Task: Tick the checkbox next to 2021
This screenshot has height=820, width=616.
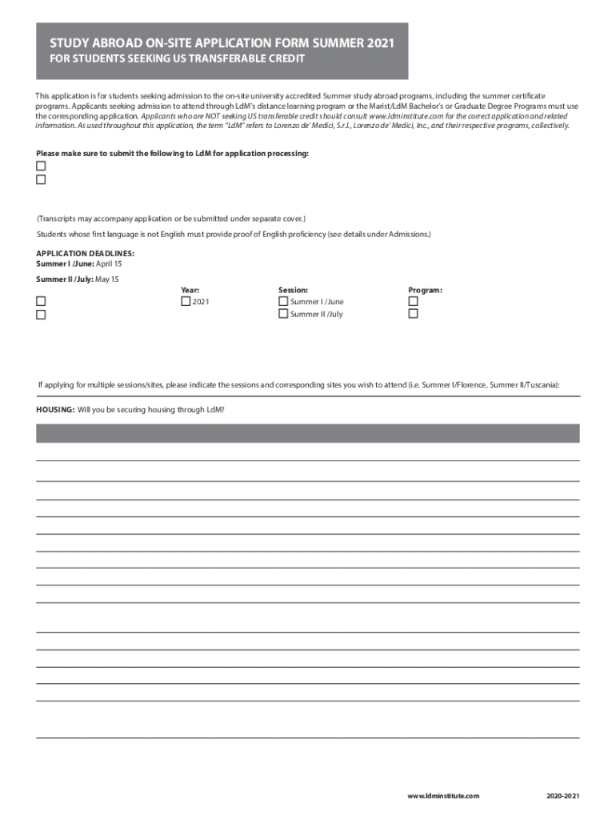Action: click(x=186, y=301)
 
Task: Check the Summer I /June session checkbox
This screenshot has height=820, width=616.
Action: click(x=283, y=301)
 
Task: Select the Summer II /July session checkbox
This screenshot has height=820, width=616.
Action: click(x=283, y=314)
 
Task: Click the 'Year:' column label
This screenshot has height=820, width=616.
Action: click(x=190, y=290)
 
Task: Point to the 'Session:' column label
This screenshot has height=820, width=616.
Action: click(x=293, y=290)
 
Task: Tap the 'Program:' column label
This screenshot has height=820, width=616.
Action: click(x=425, y=290)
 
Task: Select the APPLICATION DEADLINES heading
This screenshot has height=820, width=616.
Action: click(x=85, y=254)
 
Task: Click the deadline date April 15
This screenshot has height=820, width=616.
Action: click(x=109, y=263)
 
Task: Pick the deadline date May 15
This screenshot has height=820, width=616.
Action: click(x=106, y=279)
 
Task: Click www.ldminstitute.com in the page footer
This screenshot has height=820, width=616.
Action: click(x=442, y=795)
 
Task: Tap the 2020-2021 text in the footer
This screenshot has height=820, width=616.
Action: click(x=563, y=795)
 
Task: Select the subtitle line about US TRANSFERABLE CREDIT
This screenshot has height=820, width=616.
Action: click(x=177, y=59)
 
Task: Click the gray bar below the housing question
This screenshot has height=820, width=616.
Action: click(x=307, y=433)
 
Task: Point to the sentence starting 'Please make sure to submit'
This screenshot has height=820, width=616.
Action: click(x=172, y=153)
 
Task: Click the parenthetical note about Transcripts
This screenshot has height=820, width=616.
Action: click(x=171, y=219)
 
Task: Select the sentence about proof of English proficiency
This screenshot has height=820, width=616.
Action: click(x=234, y=234)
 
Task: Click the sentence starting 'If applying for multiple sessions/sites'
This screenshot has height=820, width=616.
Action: click(x=299, y=384)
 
